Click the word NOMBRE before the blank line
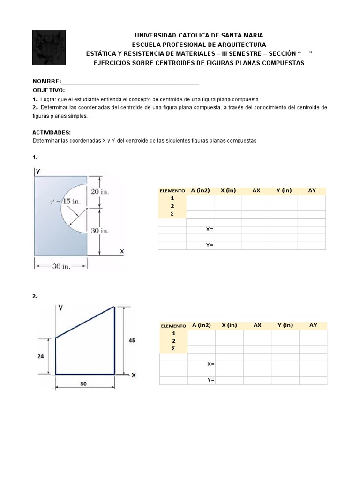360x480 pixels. tap(46, 82)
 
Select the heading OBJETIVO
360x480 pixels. tap(49, 90)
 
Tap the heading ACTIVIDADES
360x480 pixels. tap(52, 133)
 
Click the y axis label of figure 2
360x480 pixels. tap(60, 307)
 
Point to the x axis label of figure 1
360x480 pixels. tap(122, 251)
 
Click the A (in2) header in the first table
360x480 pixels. tap(200, 190)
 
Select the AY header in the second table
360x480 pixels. tap(313, 325)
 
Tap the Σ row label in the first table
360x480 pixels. tap(172, 214)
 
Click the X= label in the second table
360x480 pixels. tap(210, 364)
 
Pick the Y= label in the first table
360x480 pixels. tap(210, 245)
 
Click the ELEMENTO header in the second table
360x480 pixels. tap(173, 326)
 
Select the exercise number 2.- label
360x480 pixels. tap(36, 296)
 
